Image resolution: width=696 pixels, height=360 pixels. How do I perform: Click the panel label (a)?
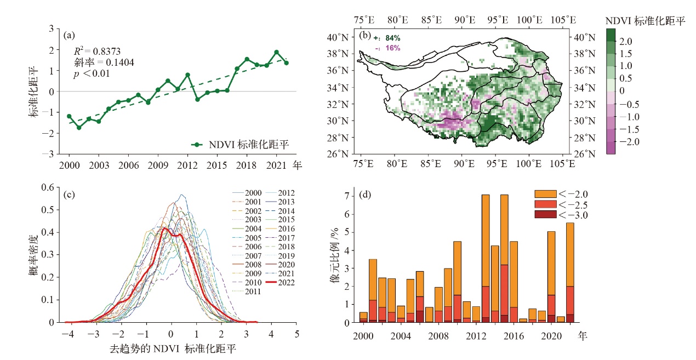69,36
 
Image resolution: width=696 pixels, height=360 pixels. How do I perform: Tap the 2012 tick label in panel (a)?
187,165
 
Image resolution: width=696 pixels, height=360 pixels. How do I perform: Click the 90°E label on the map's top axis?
465,20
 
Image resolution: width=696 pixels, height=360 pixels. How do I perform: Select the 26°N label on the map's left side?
338,154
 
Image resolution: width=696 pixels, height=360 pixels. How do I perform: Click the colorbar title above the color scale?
646,21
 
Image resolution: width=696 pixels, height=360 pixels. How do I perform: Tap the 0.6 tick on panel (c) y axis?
48,187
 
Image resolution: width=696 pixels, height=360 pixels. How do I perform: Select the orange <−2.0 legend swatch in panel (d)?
546,193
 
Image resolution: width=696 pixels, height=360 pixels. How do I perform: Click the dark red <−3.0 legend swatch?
546,214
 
